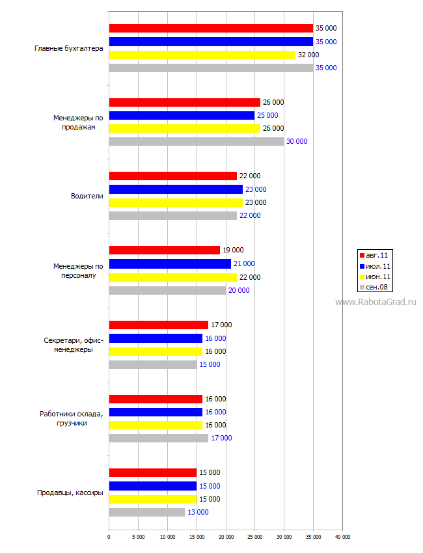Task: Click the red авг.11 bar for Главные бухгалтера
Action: [x=211, y=28]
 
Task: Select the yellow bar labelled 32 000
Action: [x=202, y=55]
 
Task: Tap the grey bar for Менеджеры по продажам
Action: [x=197, y=141]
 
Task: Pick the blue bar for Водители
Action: [x=176, y=189]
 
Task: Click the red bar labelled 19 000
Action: [x=165, y=250]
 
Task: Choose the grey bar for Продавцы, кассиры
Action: [x=147, y=513]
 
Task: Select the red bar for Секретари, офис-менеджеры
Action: [x=159, y=325]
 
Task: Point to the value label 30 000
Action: [x=297, y=141]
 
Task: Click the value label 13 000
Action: [x=198, y=512]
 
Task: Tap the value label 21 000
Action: [x=244, y=263]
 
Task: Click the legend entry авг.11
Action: [x=374, y=255]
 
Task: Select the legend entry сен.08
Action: [x=374, y=287]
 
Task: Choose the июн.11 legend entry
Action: [x=375, y=277]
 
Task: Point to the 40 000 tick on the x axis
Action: [x=342, y=537]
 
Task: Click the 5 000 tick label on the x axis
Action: [x=139, y=537]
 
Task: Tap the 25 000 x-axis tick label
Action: [x=255, y=537]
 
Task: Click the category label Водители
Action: [x=87, y=196]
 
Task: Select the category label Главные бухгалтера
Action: [x=69, y=48]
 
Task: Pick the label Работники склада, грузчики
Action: [x=72, y=418]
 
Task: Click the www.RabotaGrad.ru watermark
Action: [x=375, y=303]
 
